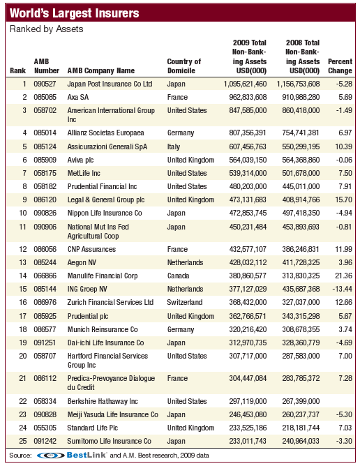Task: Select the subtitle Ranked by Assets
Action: click(x=46, y=29)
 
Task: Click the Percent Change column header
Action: click(x=340, y=66)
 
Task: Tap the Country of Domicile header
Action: click(x=184, y=66)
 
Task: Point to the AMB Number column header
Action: click(x=47, y=66)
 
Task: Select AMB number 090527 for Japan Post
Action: click(x=46, y=84)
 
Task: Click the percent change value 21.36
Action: click(x=343, y=276)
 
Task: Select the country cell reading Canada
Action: click(x=179, y=276)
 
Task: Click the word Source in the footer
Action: click(x=20, y=455)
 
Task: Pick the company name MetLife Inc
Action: click(x=88, y=173)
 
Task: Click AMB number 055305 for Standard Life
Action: click(x=46, y=428)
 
